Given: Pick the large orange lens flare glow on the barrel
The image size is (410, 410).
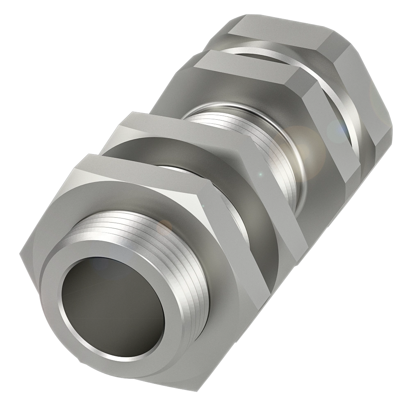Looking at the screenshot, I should tap(303, 143).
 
